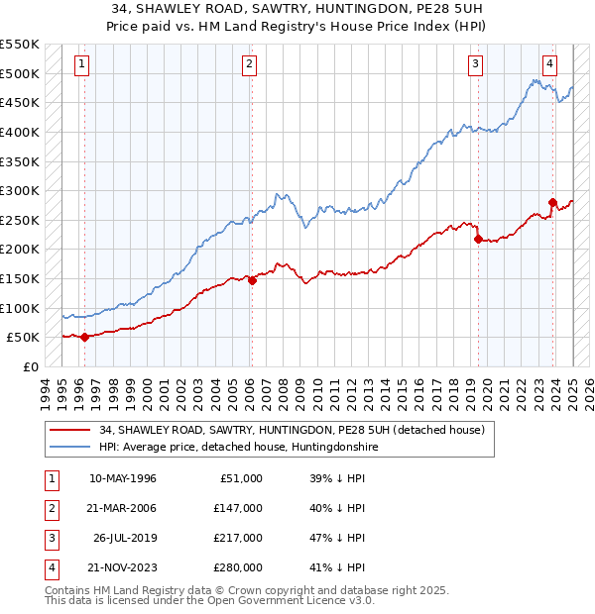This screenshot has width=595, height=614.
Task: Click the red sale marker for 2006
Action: pyautogui.click(x=252, y=280)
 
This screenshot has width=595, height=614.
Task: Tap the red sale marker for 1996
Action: pyautogui.click(x=84, y=337)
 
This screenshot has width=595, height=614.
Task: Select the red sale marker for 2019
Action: pyautogui.click(x=478, y=239)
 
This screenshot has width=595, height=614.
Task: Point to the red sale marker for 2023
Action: pyautogui.click(x=552, y=202)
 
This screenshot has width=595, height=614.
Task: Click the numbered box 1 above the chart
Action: pyautogui.click(x=81, y=64)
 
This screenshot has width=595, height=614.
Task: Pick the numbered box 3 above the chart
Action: pyautogui.click(x=476, y=64)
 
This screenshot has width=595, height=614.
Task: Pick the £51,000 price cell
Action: pyautogui.click(x=238, y=478)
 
